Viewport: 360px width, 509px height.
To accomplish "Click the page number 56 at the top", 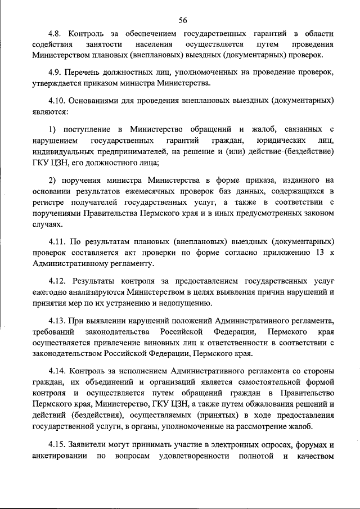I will (x=183, y=20).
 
